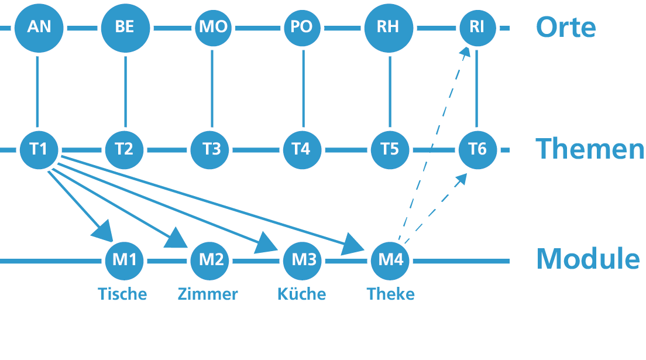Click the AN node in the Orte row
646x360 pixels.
[39, 28]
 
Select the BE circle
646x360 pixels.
[125, 28]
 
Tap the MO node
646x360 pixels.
[212, 28]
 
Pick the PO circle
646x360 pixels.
[302, 28]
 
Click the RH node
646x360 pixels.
[389, 28]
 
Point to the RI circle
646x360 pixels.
[477, 28]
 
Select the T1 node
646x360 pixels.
[39, 149]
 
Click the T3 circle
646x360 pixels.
[212, 149]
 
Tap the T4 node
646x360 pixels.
[302, 149]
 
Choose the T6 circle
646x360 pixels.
[477, 149]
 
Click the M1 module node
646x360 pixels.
[124, 259]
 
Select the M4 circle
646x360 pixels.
[391, 259]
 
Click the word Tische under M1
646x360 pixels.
[122, 293]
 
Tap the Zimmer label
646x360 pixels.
[208, 293]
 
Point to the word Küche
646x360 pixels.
[301, 293]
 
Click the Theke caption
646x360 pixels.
[390, 293]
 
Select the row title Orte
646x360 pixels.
[565, 28]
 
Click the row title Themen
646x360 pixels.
[589, 149]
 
